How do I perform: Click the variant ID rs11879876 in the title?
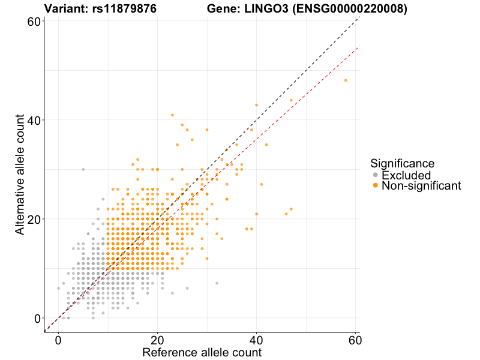coord(126,9)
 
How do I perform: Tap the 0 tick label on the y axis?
coord(37,318)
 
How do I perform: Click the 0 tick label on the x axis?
coord(58,339)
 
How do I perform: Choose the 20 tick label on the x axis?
coord(157,339)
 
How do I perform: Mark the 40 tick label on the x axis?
coord(256,339)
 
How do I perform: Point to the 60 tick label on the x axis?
coord(355,339)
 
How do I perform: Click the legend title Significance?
coord(402,163)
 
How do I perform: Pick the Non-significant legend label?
coord(421,186)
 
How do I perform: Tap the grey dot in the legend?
coord(376,175)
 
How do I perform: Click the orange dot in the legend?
coord(376,186)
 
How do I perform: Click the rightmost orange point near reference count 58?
coord(345,80)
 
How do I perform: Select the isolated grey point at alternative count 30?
coord(83,169)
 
